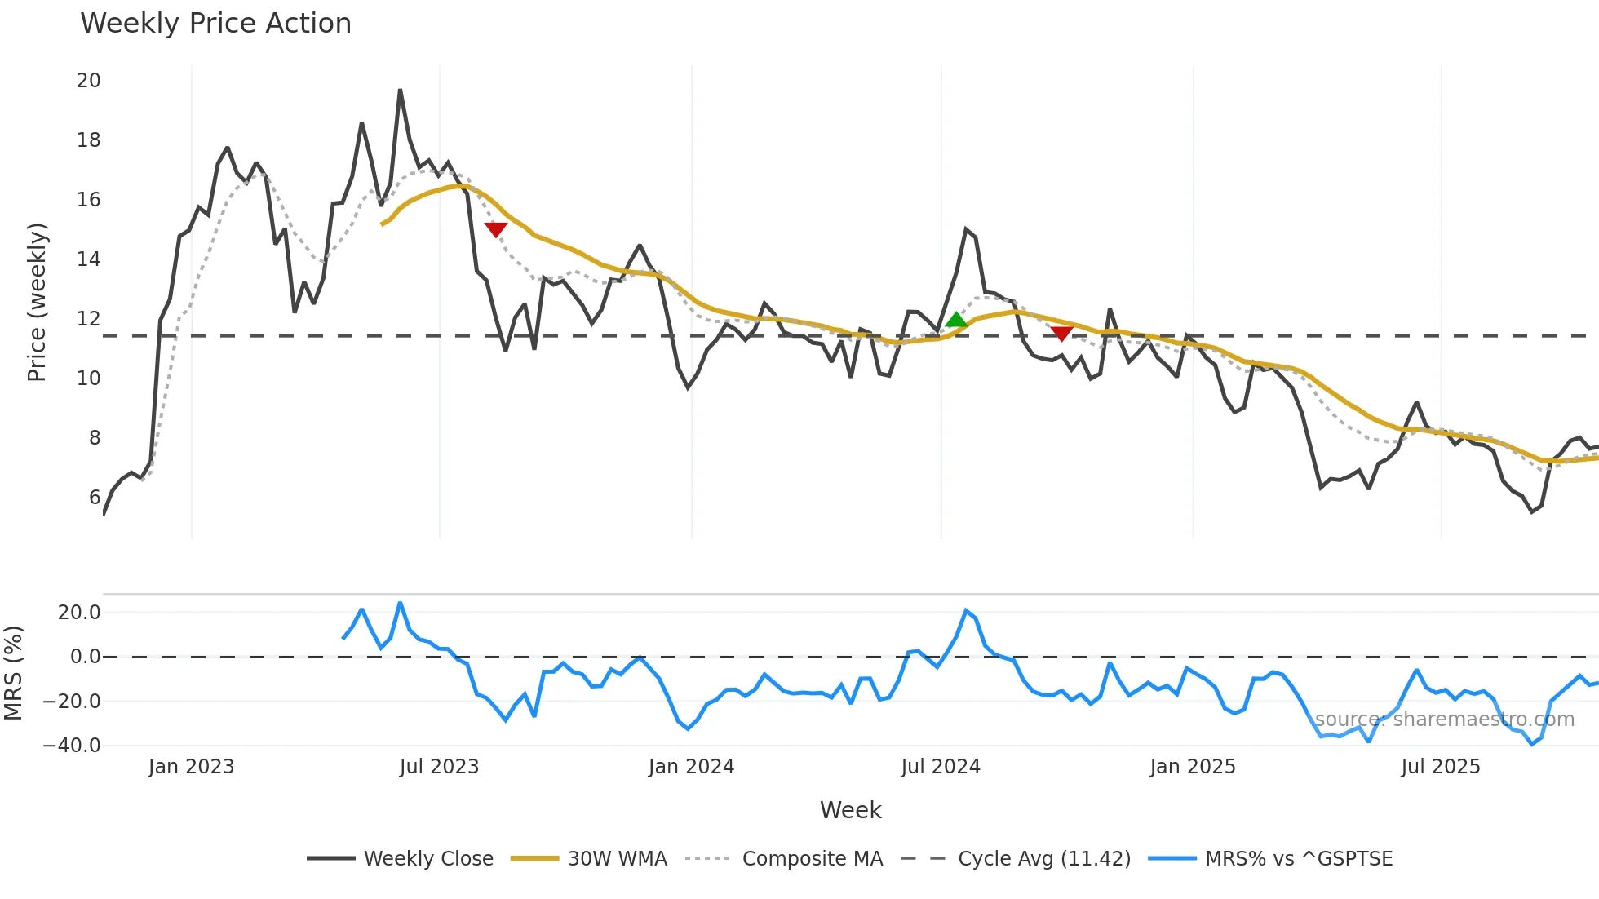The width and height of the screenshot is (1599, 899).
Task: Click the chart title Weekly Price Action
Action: pyautogui.click(x=215, y=24)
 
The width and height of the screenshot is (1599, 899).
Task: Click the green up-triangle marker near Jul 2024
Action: pyautogui.click(x=956, y=320)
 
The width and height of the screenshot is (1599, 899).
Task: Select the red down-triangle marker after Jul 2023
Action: pyautogui.click(x=495, y=229)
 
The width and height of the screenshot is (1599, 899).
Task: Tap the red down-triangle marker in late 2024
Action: pyautogui.click(x=1061, y=333)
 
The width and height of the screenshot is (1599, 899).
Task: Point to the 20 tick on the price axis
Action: pyautogui.click(x=89, y=81)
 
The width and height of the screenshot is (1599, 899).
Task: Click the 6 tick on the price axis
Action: pyautogui.click(x=95, y=498)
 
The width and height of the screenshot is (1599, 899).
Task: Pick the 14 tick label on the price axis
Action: pyautogui.click(x=89, y=259)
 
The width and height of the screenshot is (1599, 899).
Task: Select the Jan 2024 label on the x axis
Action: pyautogui.click(x=691, y=767)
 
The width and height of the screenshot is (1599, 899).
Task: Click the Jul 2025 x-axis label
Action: pyautogui.click(x=1440, y=767)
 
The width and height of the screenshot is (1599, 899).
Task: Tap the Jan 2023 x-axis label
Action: pyautogui.click(x=191, y=767)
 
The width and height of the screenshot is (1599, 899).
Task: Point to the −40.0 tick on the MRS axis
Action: pyautogui.click(x=72, y=746)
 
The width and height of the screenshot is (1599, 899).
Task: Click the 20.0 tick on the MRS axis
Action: pyautogui.click(x=79, y=613)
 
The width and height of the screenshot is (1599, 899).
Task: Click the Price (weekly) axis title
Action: pyautogui.click(x=37, y=302)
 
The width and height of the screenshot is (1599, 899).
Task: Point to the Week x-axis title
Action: pyautogui.click(x=850, y=810)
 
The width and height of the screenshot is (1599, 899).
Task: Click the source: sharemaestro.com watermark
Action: pyautogui.click(x=1444, y=720)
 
